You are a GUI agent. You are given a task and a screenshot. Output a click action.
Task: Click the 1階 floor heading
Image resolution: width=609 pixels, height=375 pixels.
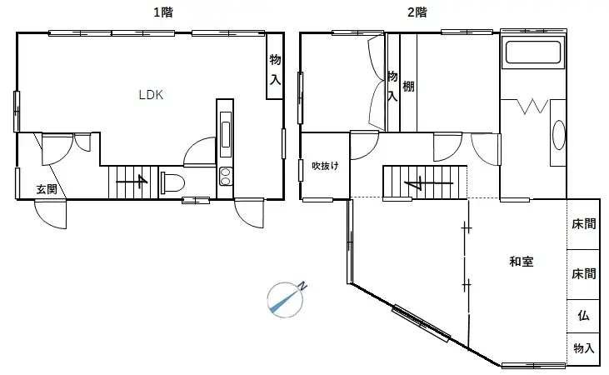[x=163, y=12]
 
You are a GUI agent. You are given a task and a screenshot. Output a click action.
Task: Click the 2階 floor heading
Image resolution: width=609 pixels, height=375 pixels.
[x=417, y=12]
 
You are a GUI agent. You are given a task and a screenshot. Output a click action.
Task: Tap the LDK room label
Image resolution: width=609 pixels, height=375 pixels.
[x=151, y=95]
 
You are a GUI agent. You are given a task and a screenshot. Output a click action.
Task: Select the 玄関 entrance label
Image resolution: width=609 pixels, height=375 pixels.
[x=47, y=189]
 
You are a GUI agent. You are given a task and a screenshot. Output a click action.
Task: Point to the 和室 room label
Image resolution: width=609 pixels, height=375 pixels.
[x=522, y=262]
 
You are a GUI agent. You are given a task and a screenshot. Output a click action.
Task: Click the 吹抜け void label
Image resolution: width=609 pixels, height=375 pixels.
[x=326, y=165]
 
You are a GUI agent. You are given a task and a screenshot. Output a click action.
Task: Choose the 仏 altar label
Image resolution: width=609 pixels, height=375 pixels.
[x=583, y=317]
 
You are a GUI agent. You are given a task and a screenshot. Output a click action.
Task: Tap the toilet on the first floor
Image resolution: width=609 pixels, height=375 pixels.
[x=172, y=182]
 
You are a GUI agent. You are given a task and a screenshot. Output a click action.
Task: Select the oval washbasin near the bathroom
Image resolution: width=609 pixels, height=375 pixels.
[x=558, y=135]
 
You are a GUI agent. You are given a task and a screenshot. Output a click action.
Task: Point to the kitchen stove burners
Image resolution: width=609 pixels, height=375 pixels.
[x=225, y=176]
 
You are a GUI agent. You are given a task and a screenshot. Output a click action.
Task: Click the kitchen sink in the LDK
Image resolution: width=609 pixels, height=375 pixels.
[x=226, y=134]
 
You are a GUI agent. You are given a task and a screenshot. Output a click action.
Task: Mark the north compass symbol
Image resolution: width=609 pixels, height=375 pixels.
[x=287, y=298]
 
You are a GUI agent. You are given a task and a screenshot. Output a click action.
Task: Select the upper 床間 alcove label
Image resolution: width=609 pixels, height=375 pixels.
[x=583, y=224]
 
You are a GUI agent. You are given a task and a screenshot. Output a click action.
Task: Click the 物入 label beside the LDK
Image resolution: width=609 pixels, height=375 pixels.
[x=274, y=71]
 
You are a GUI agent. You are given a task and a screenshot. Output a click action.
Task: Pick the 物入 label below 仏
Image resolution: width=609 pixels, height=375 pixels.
[x=583, y=348]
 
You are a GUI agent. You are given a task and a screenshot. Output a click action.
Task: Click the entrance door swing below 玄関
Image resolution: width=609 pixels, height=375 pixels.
[x=52, y=214]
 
